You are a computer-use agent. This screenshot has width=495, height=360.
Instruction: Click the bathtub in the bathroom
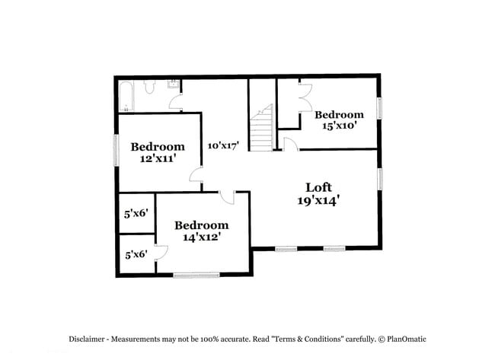126,95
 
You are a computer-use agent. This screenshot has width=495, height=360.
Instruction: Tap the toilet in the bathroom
149,88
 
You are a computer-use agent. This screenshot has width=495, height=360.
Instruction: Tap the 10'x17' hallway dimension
225,145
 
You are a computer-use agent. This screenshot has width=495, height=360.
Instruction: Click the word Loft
318,187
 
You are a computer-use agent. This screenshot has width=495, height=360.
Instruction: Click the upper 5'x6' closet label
135,215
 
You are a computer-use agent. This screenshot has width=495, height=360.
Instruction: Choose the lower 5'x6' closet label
135,253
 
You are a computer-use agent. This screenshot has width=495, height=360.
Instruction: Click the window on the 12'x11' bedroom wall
116,150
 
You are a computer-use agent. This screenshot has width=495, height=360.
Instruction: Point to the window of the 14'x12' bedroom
196,275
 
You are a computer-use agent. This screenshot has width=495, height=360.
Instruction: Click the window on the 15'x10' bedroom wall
379,107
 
